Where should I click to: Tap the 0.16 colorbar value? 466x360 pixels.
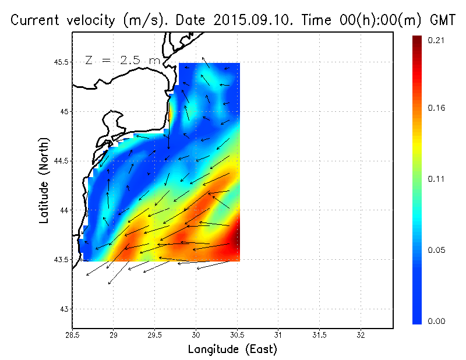point(437,108)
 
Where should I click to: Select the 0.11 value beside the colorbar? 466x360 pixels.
point(437,179)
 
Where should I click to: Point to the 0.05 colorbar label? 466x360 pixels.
point(437,250)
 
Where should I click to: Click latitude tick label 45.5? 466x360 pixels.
point(60,62)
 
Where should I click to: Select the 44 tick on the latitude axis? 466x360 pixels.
point(63,210)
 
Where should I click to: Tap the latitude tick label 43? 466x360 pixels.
point(63,308)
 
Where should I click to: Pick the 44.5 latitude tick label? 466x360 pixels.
point(60,161)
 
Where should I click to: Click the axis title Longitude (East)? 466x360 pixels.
point(232,349)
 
